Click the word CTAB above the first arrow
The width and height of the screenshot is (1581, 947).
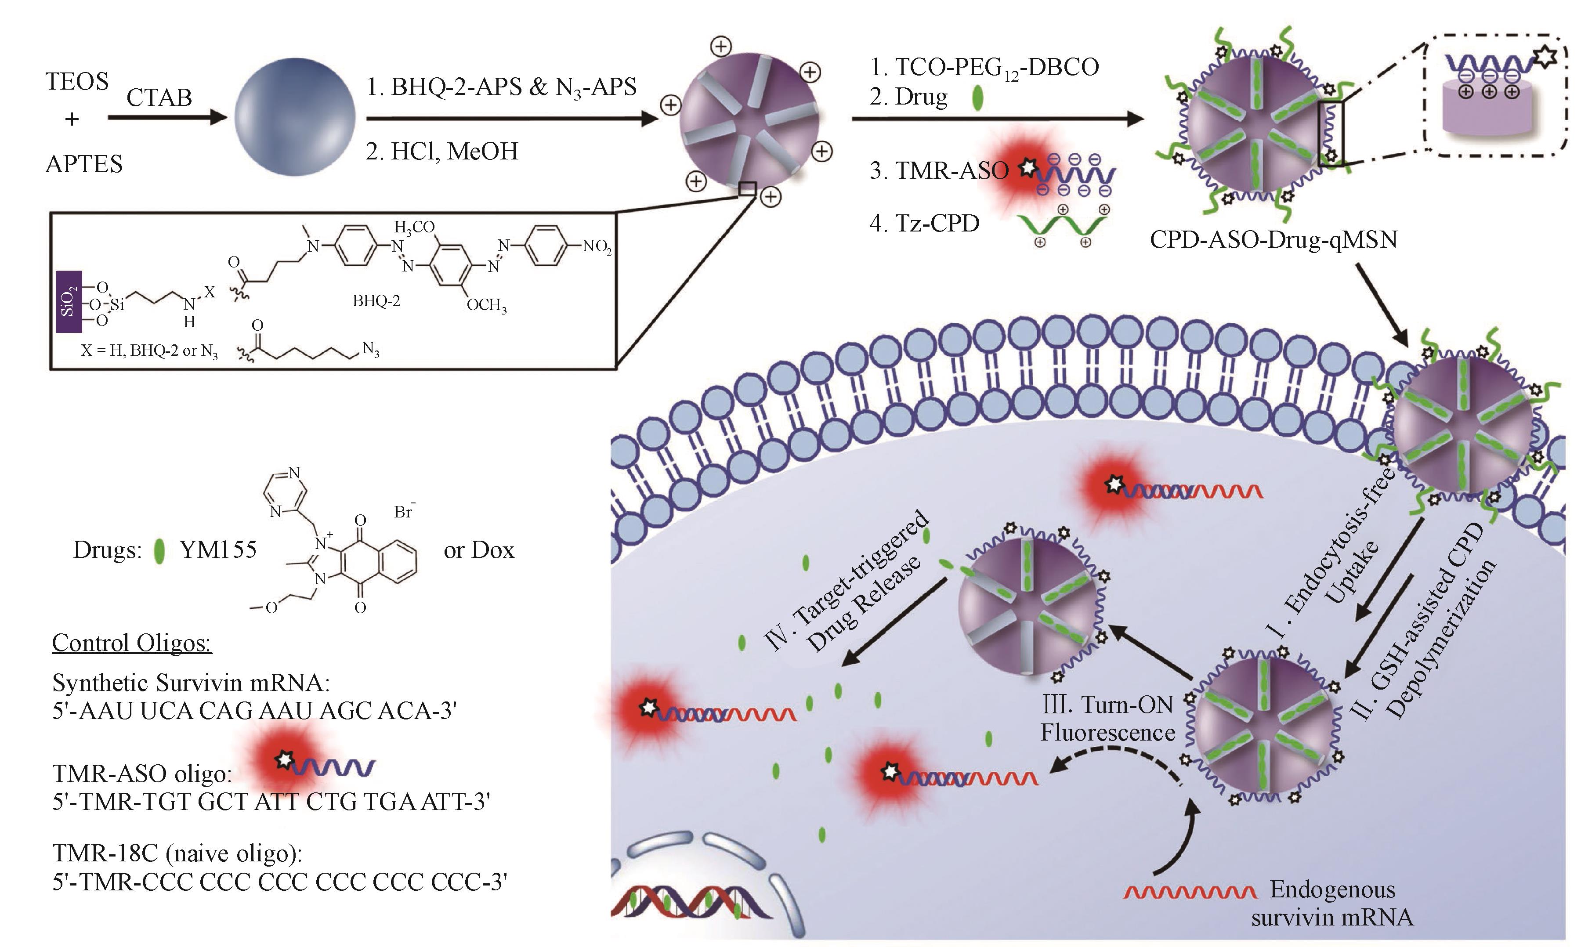[x=159, y=98]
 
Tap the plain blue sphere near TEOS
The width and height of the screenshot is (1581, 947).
[x=295, y=119]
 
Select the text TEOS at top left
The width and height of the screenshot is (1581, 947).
[x=76, y=82]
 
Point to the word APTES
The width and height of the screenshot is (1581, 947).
[x=83, y=164]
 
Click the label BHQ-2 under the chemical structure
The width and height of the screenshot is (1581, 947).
[x=376, y=300]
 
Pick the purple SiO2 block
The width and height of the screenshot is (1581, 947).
[x=68, y=302]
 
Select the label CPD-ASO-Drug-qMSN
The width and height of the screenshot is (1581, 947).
[x=1273, y=239]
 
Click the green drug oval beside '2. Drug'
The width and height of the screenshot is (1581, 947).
[x=977, y=99]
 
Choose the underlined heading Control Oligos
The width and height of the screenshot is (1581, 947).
[x=131, y=643]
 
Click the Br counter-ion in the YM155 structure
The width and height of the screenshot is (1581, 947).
[x=403, y=511]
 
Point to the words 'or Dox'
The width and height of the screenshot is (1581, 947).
[x=478, y=550]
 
